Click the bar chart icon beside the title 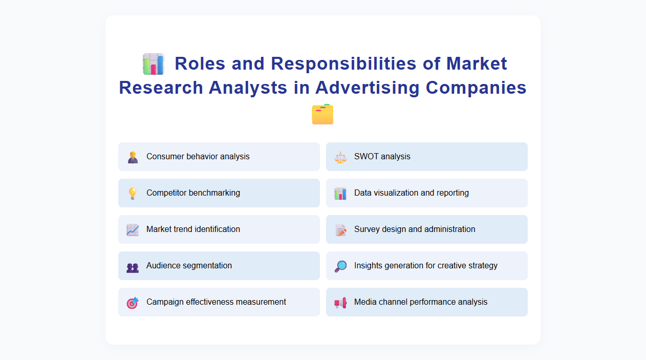coord(154,65)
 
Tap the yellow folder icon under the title coord(322,114)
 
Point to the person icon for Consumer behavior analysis coord(133,157)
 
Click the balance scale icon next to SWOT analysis coord(340,157)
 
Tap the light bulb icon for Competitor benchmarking coord(133,194)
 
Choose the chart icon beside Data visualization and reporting coord(340,194)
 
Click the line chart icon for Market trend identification coord(133,230)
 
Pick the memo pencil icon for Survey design coord(340,230)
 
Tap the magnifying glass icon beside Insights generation coord(340,266)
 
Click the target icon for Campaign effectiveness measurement coord(133,303)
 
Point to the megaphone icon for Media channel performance coord(340,303)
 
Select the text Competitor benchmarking coord(193,193)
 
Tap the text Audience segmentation coord(189,265)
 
